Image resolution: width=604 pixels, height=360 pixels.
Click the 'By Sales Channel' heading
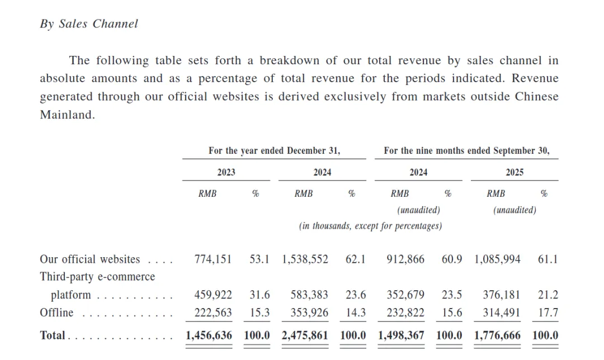click(x=88, y=24)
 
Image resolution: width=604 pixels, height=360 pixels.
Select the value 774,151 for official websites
click(x=213, y=259)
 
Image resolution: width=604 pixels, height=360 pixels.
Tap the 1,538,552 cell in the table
click(x=305, y=259)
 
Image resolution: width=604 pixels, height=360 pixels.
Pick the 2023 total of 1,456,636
click(x=209, y=335)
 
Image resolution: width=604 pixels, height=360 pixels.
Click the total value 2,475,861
click(x=305, y=335)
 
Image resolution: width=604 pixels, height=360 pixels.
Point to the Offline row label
click(x=56, y=313)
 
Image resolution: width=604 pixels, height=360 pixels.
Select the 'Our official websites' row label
click(x=89, y=259)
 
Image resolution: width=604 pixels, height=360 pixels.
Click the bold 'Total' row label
click(x=53, y=335)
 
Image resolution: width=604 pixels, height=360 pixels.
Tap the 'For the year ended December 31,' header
click(x=274, y=150)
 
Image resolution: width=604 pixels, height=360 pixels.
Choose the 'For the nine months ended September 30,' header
click(x=466, y=150)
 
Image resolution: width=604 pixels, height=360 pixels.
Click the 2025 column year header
click(x=515, y=172)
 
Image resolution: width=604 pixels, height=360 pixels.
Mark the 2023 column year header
click(x=226, y=172)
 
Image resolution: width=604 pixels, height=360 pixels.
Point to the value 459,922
click(x=213, y=295)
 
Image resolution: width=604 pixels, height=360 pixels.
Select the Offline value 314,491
click(x=502, y=313)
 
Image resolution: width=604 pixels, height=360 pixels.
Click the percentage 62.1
click(x=355, y=259)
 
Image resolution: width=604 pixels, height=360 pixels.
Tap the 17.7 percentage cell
click(x=548, y=313)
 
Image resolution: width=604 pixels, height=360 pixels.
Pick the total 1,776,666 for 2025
click(x=497, y=335)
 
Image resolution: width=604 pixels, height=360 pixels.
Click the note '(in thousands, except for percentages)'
click(x=370, y=226)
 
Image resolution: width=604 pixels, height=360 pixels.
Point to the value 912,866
click(x=405, y=259)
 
